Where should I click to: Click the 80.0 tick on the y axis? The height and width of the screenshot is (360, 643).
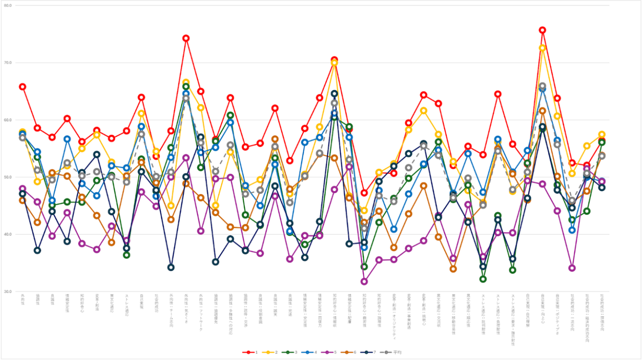coord(8,5)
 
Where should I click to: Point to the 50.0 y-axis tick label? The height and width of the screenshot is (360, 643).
coord(8,177)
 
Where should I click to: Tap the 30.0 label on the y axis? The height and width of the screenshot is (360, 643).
coord(8,292)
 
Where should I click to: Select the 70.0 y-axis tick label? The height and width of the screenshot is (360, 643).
coord(8,63)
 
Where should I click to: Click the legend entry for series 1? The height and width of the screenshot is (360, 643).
coord(251,352)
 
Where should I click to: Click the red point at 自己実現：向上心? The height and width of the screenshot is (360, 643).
coord(543,30)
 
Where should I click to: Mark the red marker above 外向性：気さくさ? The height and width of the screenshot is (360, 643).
coord(186,38)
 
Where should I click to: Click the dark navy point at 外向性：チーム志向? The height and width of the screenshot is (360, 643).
coord(171,268)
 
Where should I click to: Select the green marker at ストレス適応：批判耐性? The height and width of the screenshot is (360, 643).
coord(483,279)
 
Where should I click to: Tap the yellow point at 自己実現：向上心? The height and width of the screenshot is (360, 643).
coord(543,48)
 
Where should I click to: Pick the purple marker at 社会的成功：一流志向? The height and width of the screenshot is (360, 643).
coord(572,268)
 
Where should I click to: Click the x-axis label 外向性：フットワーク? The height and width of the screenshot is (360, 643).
coord(201,312)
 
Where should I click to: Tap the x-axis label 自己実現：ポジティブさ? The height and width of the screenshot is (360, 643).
coord(557,313)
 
